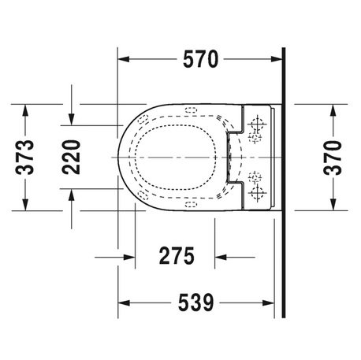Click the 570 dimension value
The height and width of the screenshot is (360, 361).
point(200,58)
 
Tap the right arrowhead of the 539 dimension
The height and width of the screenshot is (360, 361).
point(277,302)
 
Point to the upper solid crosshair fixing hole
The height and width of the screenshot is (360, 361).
point(257,124)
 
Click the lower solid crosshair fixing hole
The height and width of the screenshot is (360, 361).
point(257,191)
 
